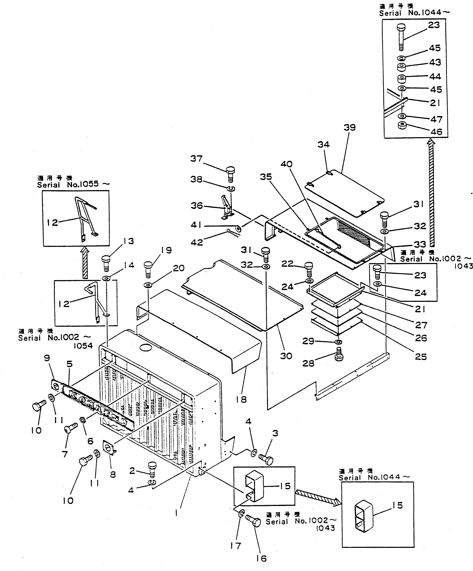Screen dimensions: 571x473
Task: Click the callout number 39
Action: point(349,128)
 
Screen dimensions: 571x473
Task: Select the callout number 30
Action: point(286,356)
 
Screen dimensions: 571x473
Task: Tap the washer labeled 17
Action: point(241,514)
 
